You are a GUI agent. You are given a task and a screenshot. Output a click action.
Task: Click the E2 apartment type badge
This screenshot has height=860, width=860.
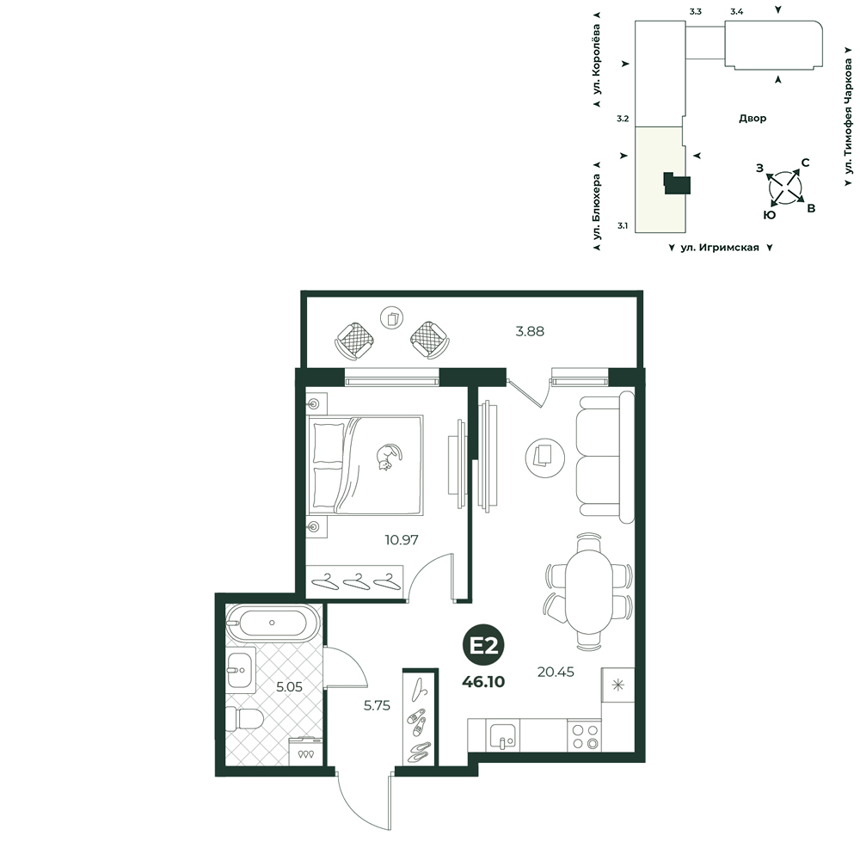(483, 646)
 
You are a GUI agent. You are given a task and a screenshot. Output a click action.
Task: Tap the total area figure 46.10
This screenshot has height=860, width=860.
(483, 682)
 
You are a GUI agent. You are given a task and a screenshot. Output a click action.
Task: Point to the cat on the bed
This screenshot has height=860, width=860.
(389, 457)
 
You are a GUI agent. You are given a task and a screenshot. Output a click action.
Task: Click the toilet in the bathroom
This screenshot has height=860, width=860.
(244, 718)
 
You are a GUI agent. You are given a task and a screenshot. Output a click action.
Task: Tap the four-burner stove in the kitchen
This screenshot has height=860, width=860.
(585, 736)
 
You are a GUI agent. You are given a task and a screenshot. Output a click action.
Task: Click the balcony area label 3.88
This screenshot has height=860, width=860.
(530, 331)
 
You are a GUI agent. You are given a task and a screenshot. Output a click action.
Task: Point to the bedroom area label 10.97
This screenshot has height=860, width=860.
(402, 540)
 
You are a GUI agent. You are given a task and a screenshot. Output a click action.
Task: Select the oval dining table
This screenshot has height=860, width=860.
(588, 592)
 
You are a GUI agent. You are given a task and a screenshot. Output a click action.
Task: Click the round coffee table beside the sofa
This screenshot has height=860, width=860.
(545, 457)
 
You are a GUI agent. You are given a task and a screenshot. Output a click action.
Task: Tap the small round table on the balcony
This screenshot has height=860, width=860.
(392, 318)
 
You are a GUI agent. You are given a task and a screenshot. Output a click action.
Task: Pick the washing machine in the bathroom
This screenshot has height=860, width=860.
(305, 751)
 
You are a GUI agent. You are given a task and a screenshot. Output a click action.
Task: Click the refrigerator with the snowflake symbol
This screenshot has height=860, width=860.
(618, 685)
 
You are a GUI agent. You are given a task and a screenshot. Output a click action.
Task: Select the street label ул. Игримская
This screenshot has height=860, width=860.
(720, 248)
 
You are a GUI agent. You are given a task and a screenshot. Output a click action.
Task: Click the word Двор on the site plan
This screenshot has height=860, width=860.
(752, 119)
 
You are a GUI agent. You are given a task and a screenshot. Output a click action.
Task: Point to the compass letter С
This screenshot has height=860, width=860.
(805, 163)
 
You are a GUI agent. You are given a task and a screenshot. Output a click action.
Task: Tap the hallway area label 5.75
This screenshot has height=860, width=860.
(377, 705)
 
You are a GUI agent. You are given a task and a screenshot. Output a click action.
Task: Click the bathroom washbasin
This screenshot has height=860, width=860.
(240, 670)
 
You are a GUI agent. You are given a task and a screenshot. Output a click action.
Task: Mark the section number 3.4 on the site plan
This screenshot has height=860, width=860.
(737, 11)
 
